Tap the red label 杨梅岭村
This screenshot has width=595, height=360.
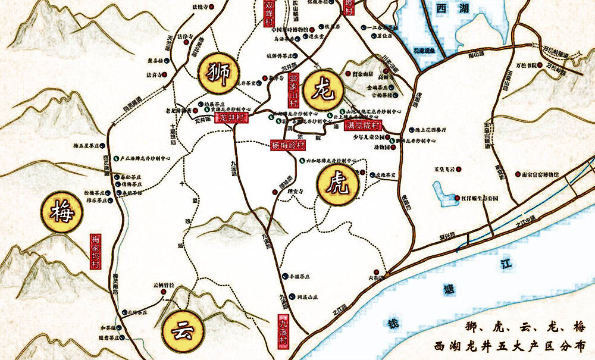click(x=288, y=145)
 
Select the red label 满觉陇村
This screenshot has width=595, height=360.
click(x=363, y=126)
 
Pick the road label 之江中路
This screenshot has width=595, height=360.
click(x=525, y=221)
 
